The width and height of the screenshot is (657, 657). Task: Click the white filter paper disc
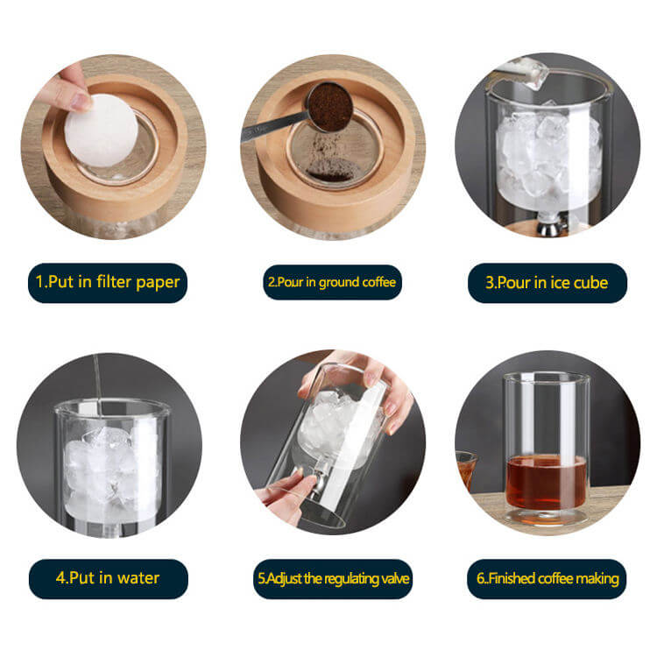point(101,130)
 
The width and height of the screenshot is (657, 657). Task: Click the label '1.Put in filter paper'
point(108,282)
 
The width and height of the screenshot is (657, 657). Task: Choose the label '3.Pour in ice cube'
point(547,282)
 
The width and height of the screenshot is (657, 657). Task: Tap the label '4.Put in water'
point(108,578)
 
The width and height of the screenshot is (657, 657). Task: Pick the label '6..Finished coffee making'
point(547,578)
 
